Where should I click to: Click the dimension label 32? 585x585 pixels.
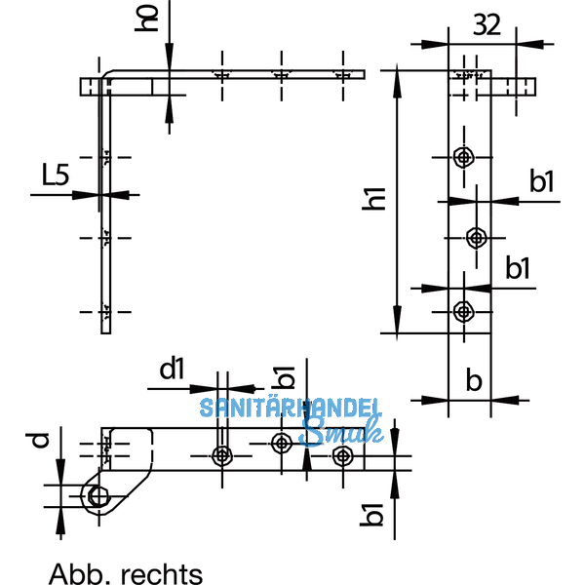coord(487,25)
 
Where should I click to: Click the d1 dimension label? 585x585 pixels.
coord(172,370)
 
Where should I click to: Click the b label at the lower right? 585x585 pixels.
coord(474,380)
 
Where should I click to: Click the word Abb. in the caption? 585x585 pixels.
coord(76,573)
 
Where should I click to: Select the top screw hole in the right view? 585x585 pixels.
coord(463,156)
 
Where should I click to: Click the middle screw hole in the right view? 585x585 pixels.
coord(476,236)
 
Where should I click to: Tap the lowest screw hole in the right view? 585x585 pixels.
coord(463,311)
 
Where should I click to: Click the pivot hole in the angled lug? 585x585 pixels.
coord(98,496)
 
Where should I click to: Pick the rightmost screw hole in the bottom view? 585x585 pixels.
coord(341,455)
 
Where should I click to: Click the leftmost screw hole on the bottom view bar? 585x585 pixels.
coord(223,455)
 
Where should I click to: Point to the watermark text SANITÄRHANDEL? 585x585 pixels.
coord(291,409)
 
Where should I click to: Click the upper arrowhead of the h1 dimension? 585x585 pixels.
coord(397,77)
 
